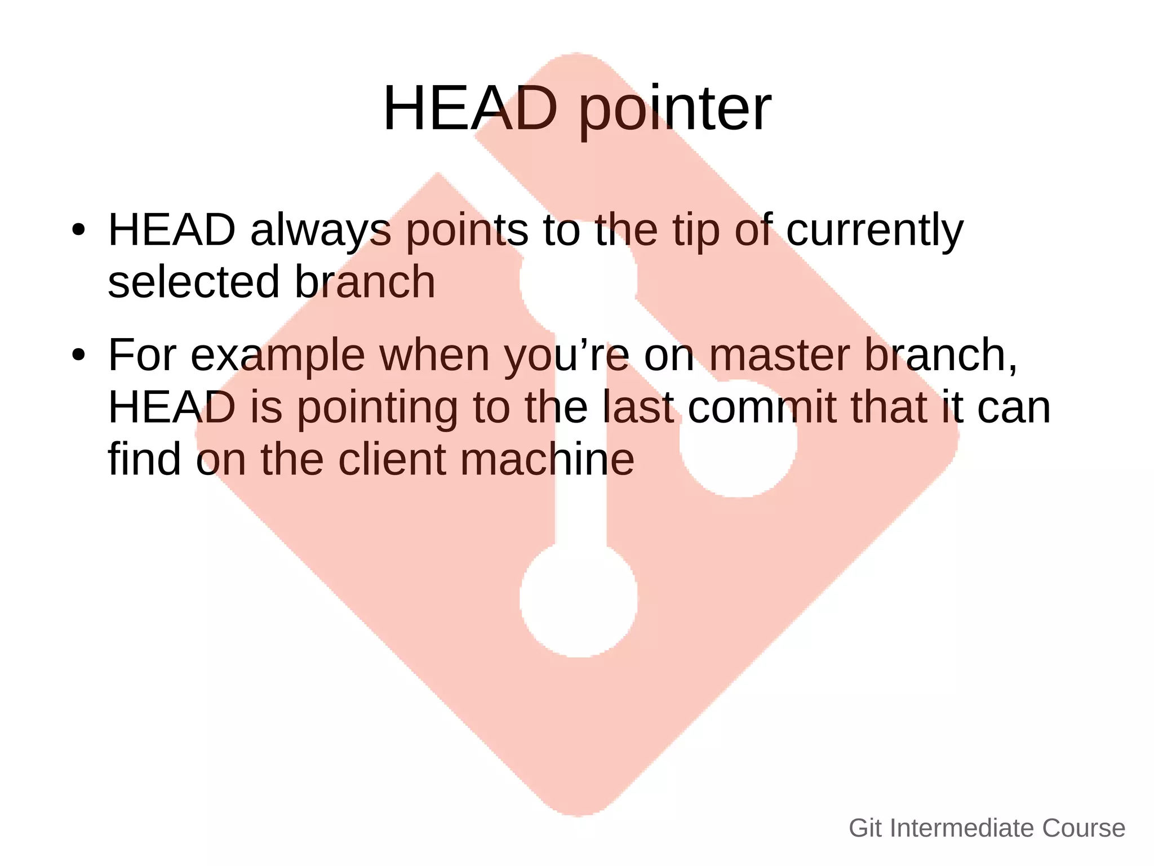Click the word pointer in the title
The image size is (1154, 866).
click(674, 110)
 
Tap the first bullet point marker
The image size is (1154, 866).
click(78, 230)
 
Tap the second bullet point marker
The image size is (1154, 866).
click(78, 356)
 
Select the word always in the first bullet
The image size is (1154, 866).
click(320, 231)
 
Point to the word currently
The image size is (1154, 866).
click(874, 231)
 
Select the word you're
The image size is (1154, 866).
click(566, 356)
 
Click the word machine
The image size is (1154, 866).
click(547, 459)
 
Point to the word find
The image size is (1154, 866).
click(144, 459)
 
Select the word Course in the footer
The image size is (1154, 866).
click(1084, 828)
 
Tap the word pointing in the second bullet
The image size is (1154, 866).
click(377, 408)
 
